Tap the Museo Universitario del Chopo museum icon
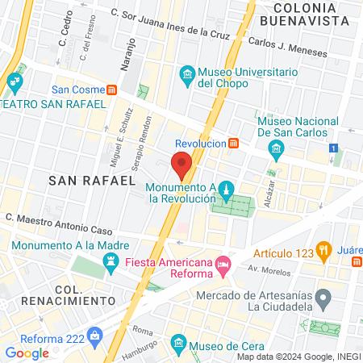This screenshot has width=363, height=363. pyautogui.click(x=188, y=76)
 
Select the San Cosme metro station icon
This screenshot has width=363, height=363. pyautogui.click(x=112, y=90)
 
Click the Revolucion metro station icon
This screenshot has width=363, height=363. pyautogui.click(x=233, y=143)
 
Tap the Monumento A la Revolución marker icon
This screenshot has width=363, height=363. pyautogui.click(x=227, y=190)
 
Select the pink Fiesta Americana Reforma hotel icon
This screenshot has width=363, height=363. pyautogui.click(x=223, y=263)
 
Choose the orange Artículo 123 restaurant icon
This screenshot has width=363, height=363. pyautogui.click(x=325, y=248)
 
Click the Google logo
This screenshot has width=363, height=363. pyautogui.click(x=27, y=353)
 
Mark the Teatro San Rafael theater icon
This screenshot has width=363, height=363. pyautogui.click(x=15, y=81)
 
